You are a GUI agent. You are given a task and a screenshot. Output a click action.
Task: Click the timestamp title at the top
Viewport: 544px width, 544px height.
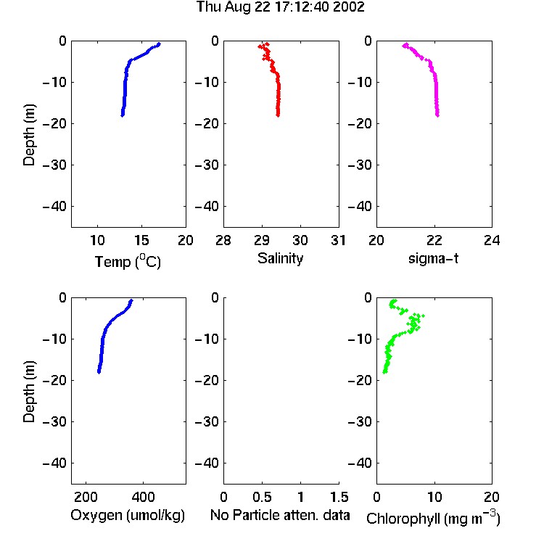[280, 7]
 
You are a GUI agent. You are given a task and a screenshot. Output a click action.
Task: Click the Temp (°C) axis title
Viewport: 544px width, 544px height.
[128, 261]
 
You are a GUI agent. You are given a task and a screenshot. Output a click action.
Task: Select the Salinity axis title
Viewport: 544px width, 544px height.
[280, 258]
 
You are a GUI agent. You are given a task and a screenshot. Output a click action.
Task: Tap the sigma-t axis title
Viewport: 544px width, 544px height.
[433, 258]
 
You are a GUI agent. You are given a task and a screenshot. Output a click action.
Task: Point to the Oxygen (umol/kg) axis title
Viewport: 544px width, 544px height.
[128, 515]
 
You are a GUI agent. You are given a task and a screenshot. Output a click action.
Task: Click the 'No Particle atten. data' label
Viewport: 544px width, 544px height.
[280, 515]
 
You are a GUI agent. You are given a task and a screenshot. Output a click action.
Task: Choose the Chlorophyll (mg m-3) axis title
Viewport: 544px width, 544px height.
[433, 518]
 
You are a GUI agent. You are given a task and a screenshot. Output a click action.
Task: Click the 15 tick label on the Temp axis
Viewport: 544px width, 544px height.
[141, 240]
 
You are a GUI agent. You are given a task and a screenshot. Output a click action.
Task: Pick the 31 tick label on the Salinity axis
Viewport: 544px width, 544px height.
[338, 240]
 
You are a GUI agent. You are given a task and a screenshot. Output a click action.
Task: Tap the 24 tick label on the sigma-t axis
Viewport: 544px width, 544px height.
[492, 240]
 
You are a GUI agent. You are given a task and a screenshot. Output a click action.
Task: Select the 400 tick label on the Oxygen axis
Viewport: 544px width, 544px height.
[143, 497]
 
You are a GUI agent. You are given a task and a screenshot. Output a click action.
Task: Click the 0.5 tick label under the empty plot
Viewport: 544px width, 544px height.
[262, 497]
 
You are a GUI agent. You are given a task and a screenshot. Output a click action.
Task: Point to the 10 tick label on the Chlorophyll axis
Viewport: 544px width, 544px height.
[434, 497]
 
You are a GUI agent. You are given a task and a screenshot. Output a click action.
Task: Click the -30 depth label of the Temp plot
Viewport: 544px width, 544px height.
[54, 165]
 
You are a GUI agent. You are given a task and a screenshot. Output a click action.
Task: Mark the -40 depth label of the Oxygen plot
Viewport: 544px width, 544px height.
[54, 463]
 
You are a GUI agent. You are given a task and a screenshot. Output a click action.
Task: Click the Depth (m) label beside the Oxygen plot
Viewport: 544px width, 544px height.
[29, 392]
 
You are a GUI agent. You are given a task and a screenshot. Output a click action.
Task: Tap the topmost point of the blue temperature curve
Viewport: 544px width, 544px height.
[159, 44]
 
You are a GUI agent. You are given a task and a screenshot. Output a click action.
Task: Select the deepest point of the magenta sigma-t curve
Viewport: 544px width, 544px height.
[437, 115]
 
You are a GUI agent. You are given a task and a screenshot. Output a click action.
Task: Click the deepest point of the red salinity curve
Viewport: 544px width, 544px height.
[278, 115]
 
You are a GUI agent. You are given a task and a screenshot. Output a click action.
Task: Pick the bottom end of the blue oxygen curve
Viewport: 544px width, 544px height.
[99, 372]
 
